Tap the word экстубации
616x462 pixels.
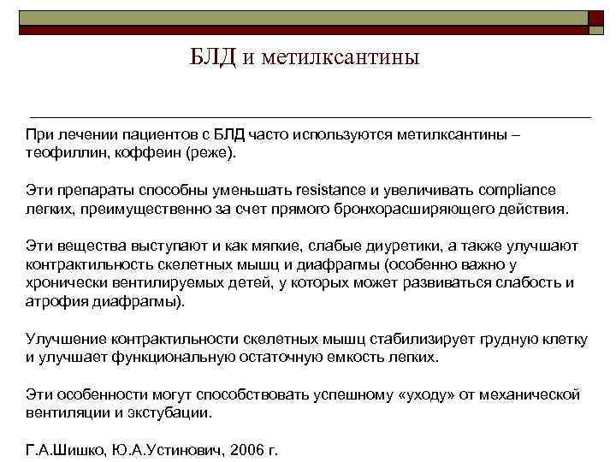(x=170, y=414)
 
